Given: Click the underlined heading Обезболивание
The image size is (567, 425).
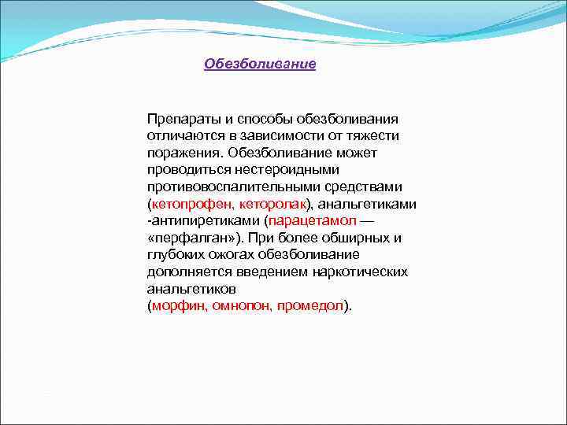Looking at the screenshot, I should tap(260, 64).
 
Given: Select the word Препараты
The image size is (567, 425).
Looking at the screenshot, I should tap(179, 119).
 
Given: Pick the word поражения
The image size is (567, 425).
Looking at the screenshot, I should tap(179, 153).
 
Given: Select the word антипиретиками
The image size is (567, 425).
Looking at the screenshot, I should tap(207, 220).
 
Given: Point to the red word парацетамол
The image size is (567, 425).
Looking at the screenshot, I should tap(313, 220).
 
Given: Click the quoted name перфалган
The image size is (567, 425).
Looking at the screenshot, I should tap(188, 238).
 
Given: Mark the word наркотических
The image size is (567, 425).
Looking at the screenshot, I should tap(368, 272).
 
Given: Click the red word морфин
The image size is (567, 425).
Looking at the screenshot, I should tap(174, 306).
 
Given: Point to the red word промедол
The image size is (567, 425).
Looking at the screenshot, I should tap(310, 306).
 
